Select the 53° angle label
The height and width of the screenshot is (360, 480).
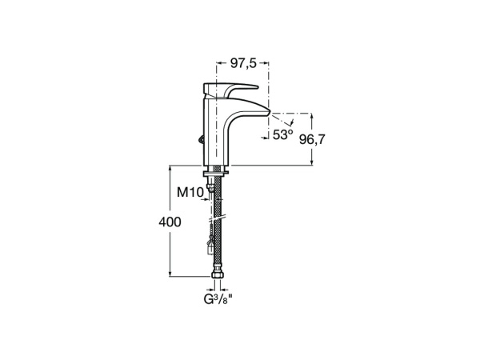[x=282, y=135]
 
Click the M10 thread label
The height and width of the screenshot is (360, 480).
[x=189, y=192]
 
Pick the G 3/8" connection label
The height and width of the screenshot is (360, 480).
[x=216, y=302]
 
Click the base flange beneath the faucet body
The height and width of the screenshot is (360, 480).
[x=218, y=170]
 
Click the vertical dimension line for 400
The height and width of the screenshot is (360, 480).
[x=170, y=256]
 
